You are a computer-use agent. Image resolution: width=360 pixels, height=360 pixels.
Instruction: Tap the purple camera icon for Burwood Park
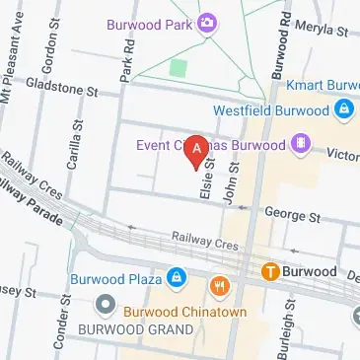click(x=208, y=22)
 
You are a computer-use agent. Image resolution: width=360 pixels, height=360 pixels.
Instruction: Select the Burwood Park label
click(x=158, y=22)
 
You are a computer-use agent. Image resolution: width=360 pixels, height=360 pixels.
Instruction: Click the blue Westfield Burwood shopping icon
click(x=343, y=110)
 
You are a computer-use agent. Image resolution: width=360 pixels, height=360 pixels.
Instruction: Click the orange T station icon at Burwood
click(x=268, y=270)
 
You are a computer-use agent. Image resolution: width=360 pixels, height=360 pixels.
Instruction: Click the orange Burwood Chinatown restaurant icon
click(x=219, y=289)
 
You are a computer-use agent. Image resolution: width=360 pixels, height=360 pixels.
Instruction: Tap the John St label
click(x=234, y=184)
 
